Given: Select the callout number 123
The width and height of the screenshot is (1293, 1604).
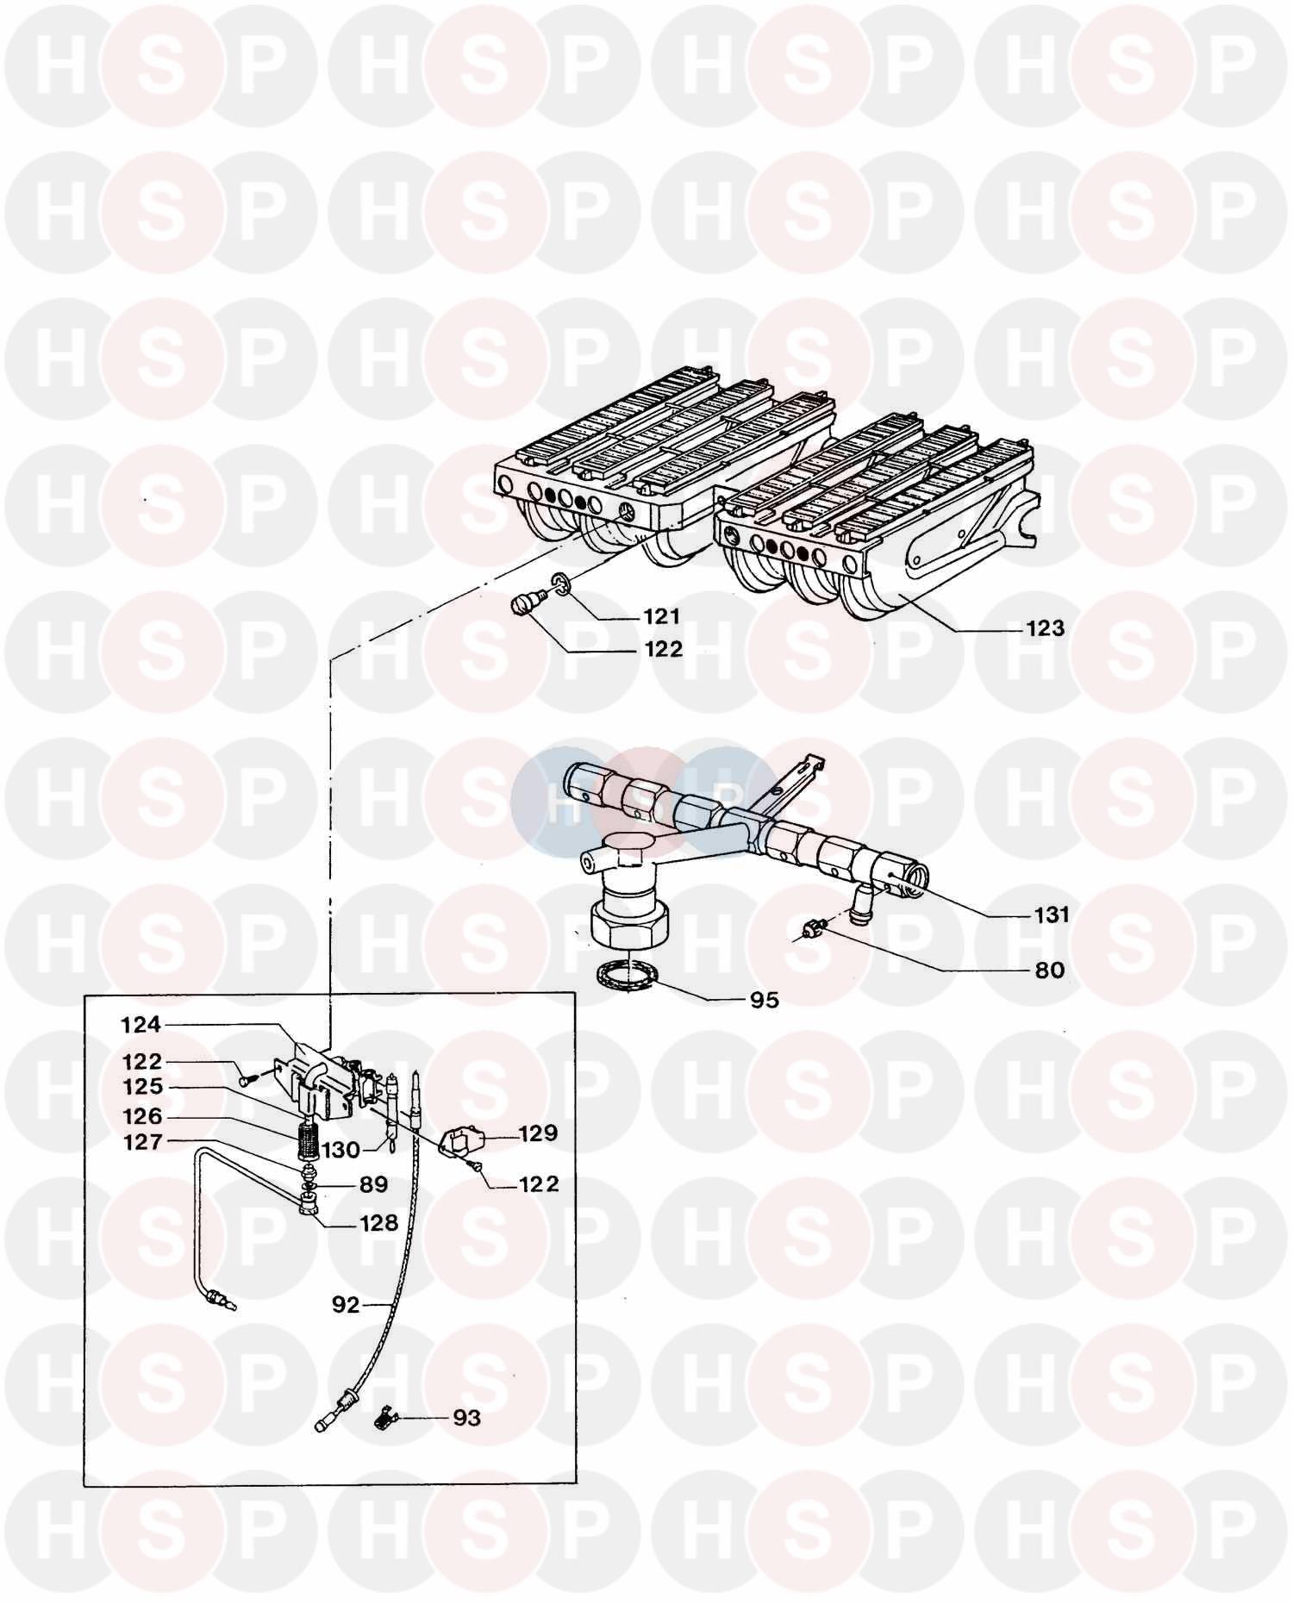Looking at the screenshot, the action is pyautogui.click(x=1046, y=628).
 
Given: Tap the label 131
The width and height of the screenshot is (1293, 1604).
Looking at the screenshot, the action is pyautogui.click(x=1052, y=914).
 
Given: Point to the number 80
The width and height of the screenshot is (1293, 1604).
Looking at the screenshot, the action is pyautogui.click(x=1049, y=971).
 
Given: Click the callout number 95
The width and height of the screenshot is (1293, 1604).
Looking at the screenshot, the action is pyautogui.click(x=764, y=1000).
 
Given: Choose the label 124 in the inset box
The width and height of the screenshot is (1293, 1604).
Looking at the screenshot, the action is pyautogui.click(x=141, y=1025).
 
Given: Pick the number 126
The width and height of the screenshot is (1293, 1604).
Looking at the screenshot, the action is pyautogui.click(x=141, y=1116).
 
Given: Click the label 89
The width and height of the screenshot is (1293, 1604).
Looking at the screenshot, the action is pyautogui.click(x=373, y=1184).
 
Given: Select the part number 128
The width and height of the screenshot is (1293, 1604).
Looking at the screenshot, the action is pyautogui.click(x=378, y=1222).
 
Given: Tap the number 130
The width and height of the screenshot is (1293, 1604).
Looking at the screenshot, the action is pyautogui.click(x=340, y=1150).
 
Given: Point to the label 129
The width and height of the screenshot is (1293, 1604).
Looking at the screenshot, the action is pyautogui.click(x=539, y=1133).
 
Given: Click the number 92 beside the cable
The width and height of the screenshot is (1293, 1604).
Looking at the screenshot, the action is pyautogui.click(x=346, y=1305).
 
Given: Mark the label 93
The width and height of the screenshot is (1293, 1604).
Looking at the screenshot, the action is pyautogui.click(x=466, y=1418).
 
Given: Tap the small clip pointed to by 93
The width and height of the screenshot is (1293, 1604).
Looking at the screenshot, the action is pyautogui.click(x=385, y=1416).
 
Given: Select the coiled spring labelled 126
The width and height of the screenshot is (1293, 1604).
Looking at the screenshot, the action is pyautogui.click(x=308, y=1136).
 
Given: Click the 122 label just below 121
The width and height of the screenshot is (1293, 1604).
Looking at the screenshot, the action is pyautogui.click(x=663, y=649).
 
